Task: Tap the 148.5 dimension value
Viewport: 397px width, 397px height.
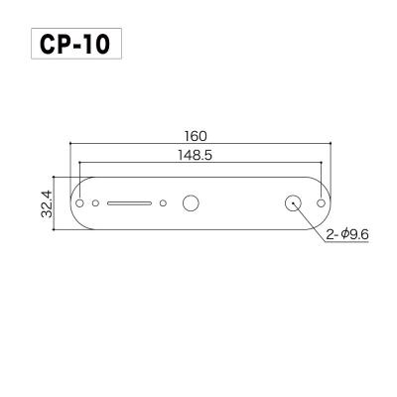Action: (x=198, y=155)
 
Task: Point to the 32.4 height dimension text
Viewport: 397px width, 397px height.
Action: (x=45, y=201)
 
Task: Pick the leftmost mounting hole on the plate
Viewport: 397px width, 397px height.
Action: (x=80, y=201)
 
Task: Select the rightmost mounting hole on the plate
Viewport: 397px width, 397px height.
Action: (x=321, y=201)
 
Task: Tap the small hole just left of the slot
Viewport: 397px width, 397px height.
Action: (x=95, y=202)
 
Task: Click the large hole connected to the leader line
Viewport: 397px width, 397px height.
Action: (x=295, y=202)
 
